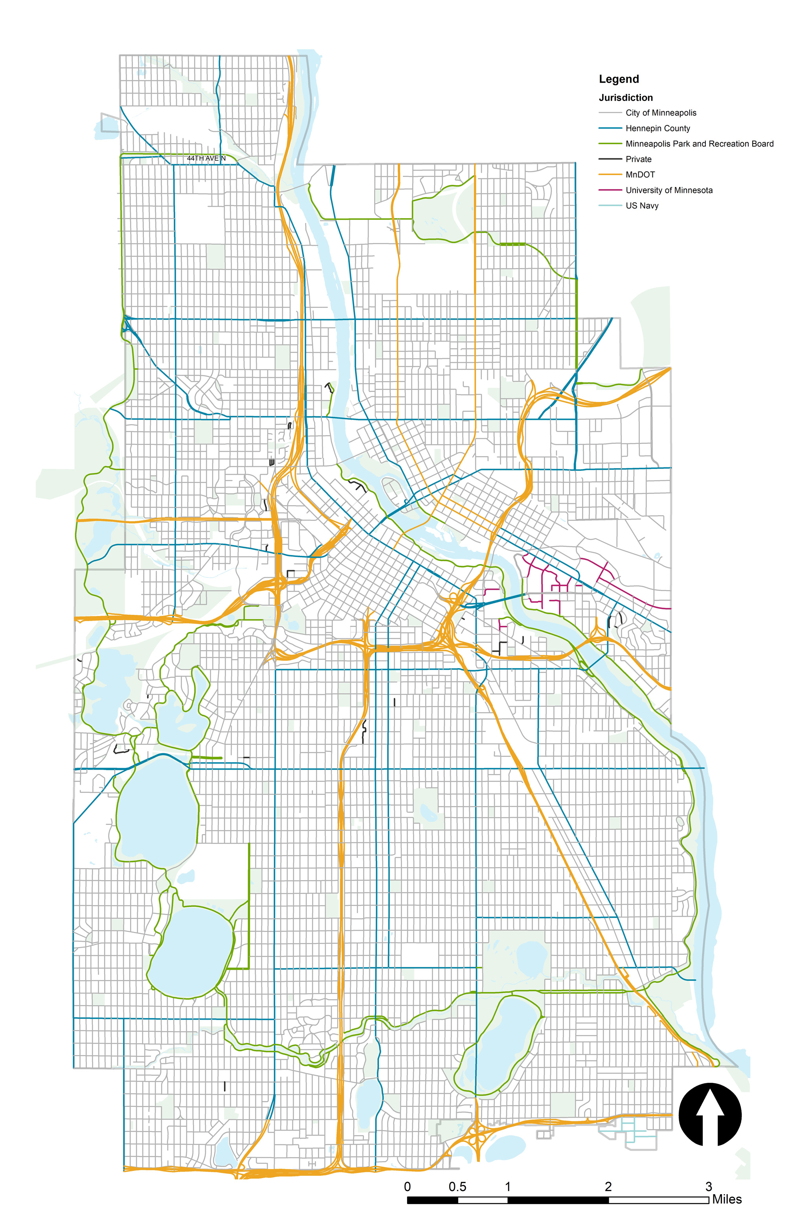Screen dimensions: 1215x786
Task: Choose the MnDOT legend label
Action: [640, 175]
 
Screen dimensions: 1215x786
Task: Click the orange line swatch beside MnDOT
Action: [610, 175]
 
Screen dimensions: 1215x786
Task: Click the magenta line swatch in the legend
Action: [610, 190]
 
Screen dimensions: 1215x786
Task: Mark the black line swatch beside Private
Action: [610, 159]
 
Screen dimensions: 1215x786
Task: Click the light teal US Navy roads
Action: [633, 1136]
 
